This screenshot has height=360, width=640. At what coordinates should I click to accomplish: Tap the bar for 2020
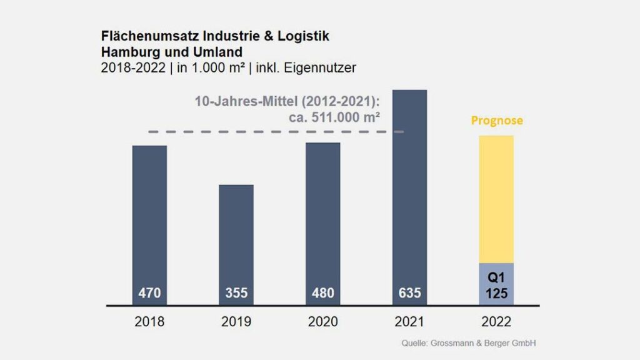tap(323, 212)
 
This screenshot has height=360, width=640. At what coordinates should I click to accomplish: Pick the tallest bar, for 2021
tap(409, 187)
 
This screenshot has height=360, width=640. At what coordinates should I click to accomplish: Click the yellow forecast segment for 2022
tap(496, 199)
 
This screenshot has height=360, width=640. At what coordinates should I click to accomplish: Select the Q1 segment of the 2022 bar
tap(496, 284)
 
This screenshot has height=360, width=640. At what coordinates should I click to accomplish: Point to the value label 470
tap(149, 292)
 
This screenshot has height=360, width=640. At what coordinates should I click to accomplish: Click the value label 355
tap(236, 292)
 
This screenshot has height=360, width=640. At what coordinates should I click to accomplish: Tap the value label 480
tap(323, 292)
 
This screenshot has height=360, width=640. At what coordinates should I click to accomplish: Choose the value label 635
tap(409, 292)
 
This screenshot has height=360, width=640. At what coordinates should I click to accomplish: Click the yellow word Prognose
tap(497, 121)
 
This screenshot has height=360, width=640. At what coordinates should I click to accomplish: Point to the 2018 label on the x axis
tap(149, 322)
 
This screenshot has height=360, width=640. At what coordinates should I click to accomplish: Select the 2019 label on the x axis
tap(236, 322)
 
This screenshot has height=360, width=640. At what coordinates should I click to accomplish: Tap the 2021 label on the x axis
tap(409, 322)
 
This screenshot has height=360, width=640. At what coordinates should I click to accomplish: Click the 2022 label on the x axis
tap(496, 322)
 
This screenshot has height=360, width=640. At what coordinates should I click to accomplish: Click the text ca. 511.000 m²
tap(334, 116)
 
